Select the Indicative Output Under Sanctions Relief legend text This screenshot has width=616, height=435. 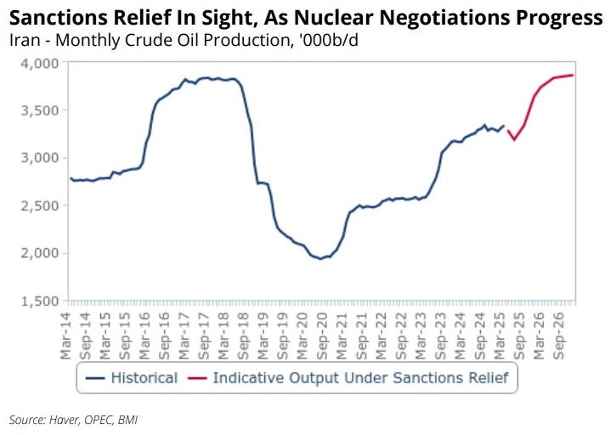click(x=360, y=377)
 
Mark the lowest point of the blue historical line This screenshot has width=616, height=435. click(x=320, y=258)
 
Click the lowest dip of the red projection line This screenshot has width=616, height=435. click(x=514, y=139)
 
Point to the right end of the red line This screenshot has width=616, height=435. click(x=573, y=75)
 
